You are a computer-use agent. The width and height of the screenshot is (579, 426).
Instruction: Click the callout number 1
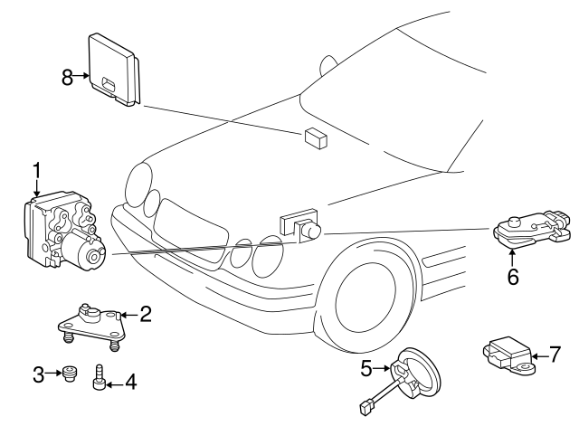pos(37,169)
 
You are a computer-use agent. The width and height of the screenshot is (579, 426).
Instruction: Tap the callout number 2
pos(145,315)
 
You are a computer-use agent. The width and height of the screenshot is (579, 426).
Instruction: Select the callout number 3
pos(38,374)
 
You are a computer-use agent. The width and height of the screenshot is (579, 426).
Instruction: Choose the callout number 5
pos(366,368)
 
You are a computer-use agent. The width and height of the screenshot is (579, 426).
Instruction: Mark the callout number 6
pos(512,278)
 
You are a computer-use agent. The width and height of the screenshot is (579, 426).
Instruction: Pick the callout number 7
pos(556,354)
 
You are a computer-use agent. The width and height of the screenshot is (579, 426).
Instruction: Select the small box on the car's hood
pos(317,137)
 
